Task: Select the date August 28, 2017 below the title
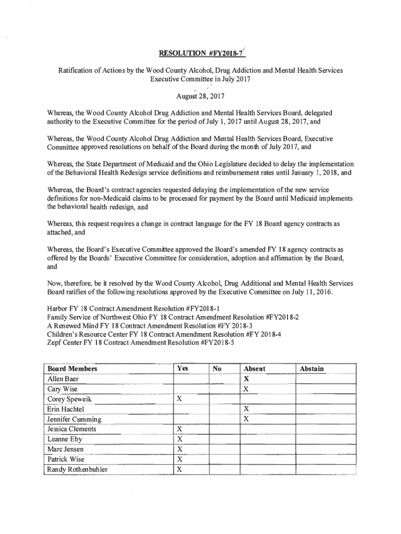coord(200,96)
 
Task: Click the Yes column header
coord(182,369)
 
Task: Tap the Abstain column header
coord(312,369)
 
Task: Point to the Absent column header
coord(254,369)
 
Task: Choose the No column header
coord(217,369)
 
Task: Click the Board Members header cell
coord(72,369)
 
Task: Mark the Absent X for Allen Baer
coord(246,379)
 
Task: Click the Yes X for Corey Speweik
coord(180,399)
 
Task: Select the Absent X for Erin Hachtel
coord(246,409)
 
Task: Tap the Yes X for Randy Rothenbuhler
coord(180,469)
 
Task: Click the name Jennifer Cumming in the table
coord(74,419)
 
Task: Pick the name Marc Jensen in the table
coord(65,449)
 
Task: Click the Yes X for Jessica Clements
coord(180,429)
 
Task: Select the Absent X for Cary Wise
coord(246,389)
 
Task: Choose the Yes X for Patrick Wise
coord(180,459)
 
